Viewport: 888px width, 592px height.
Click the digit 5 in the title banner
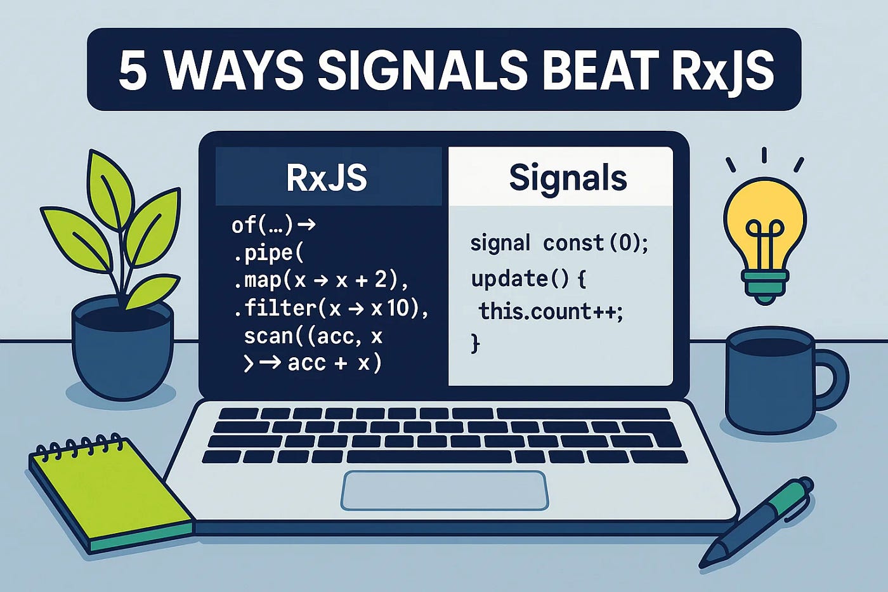tap(133, 70)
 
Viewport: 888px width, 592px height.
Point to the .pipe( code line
tap(268, 253)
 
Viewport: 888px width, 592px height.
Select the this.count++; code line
tap(551, 312)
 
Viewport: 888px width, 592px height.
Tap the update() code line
tap(528, 279)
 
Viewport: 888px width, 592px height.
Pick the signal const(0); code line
tap(559, 242)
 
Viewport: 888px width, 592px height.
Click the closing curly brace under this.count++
tap(475, 343)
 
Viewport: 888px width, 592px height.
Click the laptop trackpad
tap(445, 490)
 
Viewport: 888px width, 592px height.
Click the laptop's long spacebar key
tap(429, 456)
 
